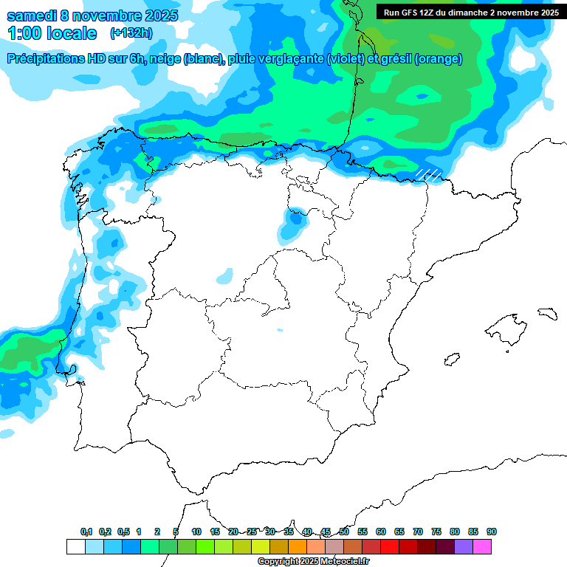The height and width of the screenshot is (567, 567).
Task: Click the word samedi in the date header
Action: click(31, 16)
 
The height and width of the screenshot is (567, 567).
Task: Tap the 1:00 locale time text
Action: click(52, 33)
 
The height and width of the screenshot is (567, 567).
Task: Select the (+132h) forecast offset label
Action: click(131, 33)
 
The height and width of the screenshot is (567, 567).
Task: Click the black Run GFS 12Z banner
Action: click(470, 12)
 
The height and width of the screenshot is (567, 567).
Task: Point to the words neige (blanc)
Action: click(188, 59)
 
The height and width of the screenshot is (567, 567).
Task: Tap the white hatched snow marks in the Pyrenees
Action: click(428, 174)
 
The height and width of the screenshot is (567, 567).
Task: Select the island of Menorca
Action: click(547, 313)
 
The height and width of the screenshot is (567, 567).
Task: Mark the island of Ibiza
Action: click(452, 359)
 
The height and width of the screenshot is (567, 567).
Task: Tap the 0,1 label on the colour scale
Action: click(86, 532)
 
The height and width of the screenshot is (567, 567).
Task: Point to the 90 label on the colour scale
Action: click(492, 532)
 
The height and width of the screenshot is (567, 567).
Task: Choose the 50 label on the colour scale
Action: click(344, 532)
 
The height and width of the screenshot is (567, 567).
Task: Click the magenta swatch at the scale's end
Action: click(482, 546)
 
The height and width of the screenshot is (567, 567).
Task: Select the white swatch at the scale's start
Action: click(75, 546)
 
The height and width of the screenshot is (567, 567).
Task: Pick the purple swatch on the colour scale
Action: click(464, 546)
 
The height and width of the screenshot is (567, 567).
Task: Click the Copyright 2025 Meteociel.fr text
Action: click(313, 562)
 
